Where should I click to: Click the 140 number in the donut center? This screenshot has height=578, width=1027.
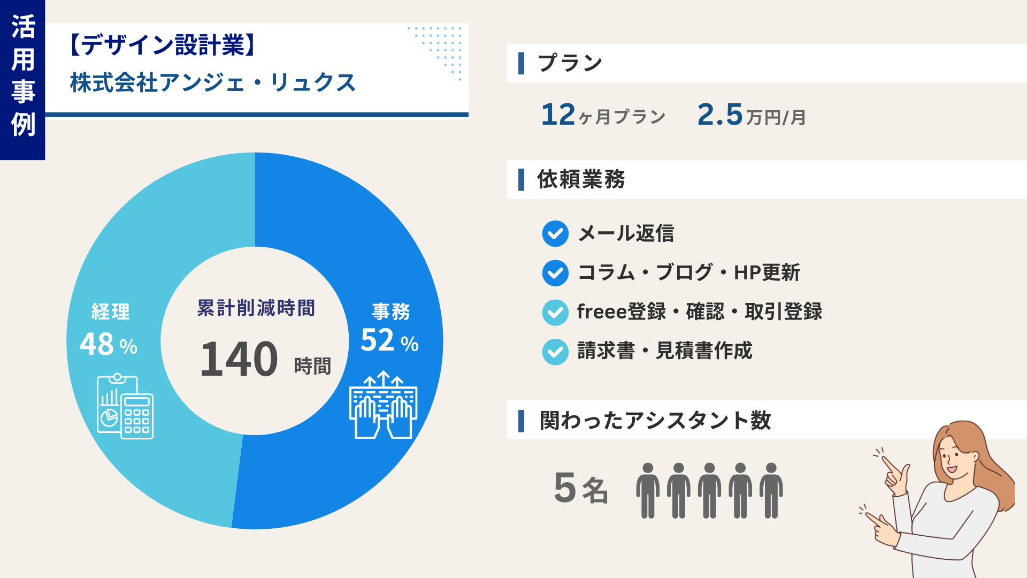tap(239, 359)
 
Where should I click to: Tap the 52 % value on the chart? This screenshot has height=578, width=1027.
tap(389, 340)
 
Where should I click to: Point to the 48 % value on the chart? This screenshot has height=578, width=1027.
tap(109, 344)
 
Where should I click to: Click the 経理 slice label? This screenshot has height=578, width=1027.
tap(111, 311)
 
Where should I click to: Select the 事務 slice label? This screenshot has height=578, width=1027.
tap(391, 311)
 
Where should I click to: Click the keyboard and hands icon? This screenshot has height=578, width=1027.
tap(384, 405)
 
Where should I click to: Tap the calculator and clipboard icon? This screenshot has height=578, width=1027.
tap(125, 407)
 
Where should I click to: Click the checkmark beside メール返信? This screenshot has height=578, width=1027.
tap(555, 234)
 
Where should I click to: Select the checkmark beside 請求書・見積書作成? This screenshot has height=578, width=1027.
tap(555, 352)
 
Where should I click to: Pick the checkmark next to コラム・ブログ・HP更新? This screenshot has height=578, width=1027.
tap(555, 273)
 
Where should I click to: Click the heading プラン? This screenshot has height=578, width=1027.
tap(570, 63)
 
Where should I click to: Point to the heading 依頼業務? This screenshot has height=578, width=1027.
tap(581, 179)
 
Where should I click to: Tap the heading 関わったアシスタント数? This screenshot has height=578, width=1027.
tap(655, 420)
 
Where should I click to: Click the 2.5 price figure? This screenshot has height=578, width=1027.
tap(720, 115)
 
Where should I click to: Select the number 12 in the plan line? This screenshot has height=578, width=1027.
tap(558, 115)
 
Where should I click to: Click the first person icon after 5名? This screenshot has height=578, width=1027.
tap(648, 491)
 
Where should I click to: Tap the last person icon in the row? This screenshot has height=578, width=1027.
tap(771, 491)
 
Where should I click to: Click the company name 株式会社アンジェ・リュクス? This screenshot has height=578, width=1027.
tap(213, 83)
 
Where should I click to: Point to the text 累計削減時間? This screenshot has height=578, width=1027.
tap(256, 308)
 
